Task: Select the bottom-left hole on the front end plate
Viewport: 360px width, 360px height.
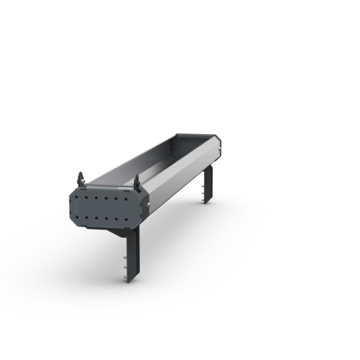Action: [82, 218]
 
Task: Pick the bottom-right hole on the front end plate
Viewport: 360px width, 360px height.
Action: [126, 218]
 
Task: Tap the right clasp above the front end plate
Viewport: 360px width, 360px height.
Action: [137, 182]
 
